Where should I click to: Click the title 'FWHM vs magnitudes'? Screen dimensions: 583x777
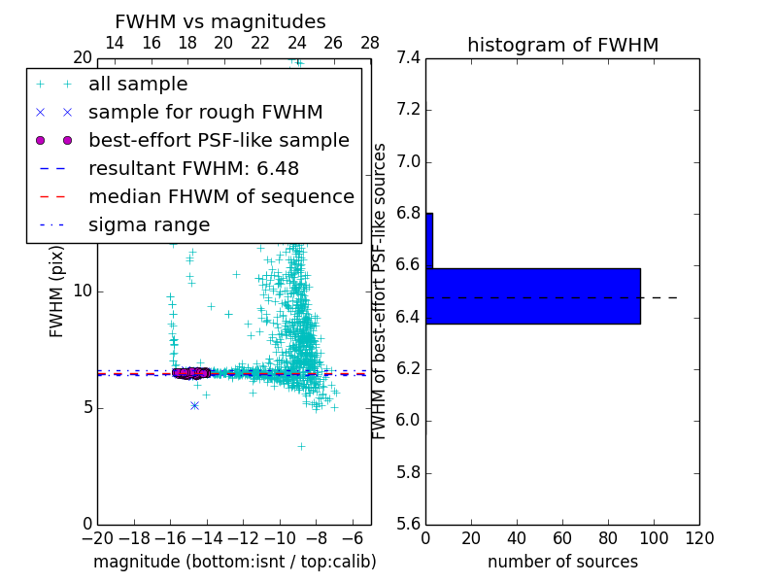pos(220,21)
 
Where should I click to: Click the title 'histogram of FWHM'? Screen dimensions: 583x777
pos(562,45)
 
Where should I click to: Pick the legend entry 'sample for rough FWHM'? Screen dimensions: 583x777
pos(205,112)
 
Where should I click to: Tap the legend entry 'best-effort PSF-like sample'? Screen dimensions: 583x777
pos(219,140)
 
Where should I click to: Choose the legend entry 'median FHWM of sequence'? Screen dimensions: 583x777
pos(220,196)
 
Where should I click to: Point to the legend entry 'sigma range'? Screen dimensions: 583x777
pos(149,224)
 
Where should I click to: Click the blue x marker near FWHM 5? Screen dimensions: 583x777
pos(194,405)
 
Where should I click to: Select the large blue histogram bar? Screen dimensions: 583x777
pos(533,295)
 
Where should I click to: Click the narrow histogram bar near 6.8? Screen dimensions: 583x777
pos(429,240)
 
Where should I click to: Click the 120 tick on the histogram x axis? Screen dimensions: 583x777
pos(698,538)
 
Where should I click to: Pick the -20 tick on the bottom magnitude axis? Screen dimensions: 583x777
pos(97,538)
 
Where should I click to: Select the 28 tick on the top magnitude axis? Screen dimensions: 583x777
pos(370,43)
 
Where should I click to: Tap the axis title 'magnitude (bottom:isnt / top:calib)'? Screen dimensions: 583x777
pos(234,562)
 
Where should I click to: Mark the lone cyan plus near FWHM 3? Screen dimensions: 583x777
pos(301,446)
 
